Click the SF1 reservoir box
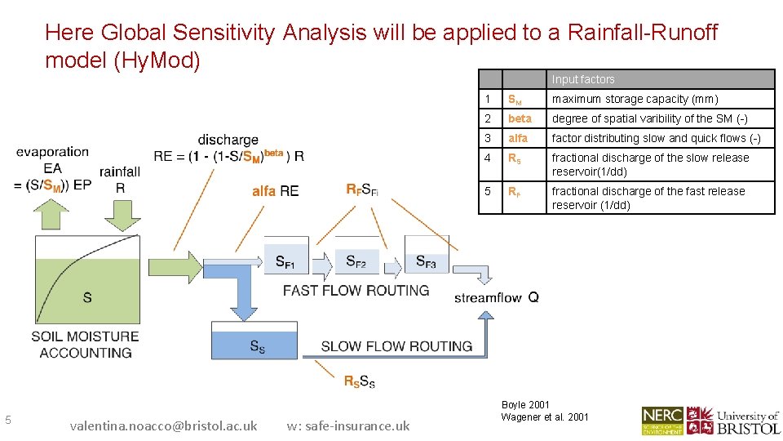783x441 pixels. pos(286,256)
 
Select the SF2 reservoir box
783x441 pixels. pos(356,256)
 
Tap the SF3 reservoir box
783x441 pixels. pos(426,256)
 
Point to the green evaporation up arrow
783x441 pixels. pos(54,213)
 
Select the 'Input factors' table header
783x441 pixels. pos(583,79)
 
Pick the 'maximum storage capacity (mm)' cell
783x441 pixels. pos(660,99)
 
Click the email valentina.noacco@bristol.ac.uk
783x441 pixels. pos(163,425)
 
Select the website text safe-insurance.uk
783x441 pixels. pos(348,425)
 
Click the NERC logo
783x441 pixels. pos(661,420)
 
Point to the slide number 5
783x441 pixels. pos(8,420)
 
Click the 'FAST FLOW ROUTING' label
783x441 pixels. pos(356,291)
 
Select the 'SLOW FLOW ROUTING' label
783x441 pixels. pos(396,346)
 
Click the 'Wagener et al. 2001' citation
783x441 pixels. pos(545,417)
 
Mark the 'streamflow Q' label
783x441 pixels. pos(496,297)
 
